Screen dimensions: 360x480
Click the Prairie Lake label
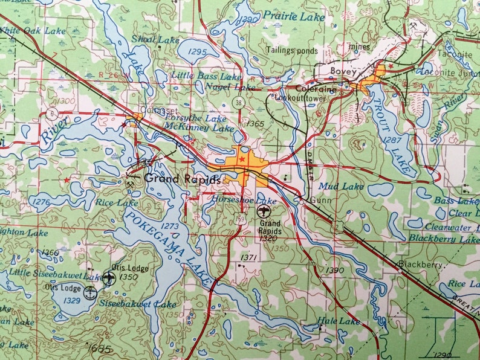pos(296,17)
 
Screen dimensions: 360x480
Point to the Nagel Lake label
pos(222,87)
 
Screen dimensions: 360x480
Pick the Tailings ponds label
pos(292,51)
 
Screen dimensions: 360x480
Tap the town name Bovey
pos(340,71)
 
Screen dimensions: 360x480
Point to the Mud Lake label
pos(341,187)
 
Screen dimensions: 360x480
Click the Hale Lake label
pos(339,321)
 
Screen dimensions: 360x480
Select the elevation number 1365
pos(256,124)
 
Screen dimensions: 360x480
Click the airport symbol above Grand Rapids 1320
pos(264,212)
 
